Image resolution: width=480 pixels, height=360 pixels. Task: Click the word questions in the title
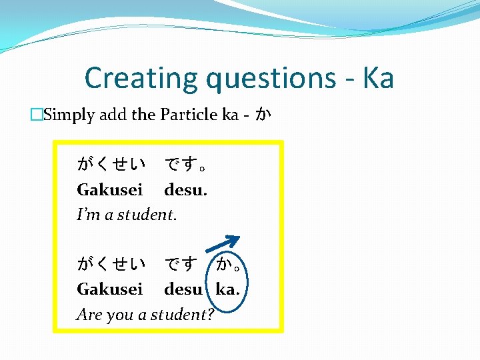click(x=270, y=79)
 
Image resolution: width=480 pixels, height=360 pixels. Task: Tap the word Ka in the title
click(x=377, y=78)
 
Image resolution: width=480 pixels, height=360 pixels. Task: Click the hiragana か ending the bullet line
click(x=263, y=115)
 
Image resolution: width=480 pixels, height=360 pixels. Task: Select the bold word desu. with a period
click(x=186, y=190)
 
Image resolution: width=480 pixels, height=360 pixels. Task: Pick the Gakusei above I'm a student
click(x=110, y=190)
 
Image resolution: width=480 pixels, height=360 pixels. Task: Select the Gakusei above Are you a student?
click(x=110, y=290)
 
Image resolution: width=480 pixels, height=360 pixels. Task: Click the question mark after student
click(x=211, y=315)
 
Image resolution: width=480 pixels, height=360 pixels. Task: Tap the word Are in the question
click(x=89, y=315)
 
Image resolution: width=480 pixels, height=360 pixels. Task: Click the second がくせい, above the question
click(x=111, y=265)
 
